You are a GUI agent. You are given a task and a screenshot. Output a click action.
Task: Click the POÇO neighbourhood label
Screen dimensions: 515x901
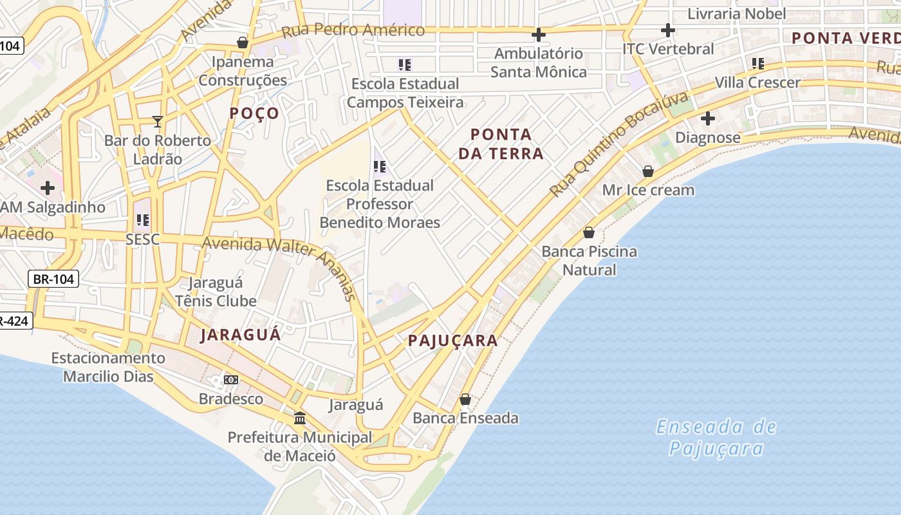coord(255,113)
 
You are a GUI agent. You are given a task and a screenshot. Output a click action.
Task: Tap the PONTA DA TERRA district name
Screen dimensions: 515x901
coord(506,144)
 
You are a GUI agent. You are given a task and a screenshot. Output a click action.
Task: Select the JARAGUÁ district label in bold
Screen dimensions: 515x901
coord(241,335)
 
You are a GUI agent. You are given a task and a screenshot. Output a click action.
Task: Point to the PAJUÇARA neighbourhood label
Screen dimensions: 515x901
coord(453,341)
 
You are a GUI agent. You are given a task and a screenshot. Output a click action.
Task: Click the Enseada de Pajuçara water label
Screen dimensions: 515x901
coord(716,437)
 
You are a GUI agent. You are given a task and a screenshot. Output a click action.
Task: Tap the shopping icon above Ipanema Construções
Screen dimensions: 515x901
coord(243,42)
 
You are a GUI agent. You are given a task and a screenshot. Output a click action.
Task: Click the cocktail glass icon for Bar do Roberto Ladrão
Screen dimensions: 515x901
coord(158,121)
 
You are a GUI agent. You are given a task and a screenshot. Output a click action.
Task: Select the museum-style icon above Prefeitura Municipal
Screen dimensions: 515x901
coord(300,418)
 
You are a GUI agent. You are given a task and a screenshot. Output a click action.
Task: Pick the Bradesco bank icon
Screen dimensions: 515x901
coord(231,380)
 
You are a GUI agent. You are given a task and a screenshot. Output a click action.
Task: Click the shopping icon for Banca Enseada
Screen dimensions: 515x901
coord(465,399)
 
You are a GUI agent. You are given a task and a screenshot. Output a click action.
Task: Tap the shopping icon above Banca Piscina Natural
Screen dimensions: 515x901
coord(589,232)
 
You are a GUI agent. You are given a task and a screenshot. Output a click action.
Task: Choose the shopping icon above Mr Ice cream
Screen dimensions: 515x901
coord(648,171)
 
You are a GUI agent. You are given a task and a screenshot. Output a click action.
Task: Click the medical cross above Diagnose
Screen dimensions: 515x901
coord(708,118)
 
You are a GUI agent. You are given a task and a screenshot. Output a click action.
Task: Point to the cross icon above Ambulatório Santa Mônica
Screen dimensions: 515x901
coord(539,34)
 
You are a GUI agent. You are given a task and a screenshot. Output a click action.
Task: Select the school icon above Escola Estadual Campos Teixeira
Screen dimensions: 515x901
coord(405,64)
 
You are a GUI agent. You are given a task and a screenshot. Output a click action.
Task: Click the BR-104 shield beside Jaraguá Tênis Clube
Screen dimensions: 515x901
coord(53,279)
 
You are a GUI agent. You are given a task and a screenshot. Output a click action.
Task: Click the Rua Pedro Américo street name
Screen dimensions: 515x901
coord(353,30)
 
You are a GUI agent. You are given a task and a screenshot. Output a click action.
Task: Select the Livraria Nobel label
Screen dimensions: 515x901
coord(737,14)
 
